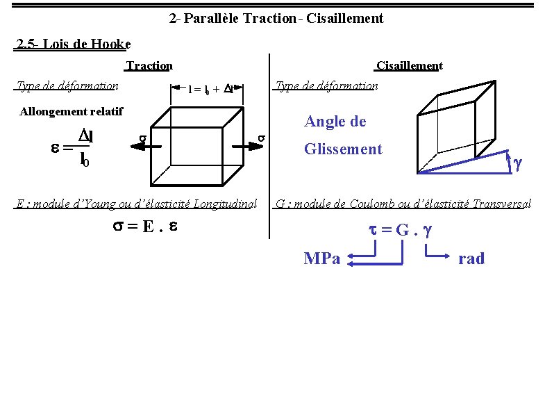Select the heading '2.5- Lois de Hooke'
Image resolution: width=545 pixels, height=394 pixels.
point(73,44)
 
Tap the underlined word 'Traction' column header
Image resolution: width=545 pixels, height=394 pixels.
point(149,66)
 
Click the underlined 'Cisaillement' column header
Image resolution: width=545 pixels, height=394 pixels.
point(409,66)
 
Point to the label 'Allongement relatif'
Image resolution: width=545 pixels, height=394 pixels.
point(72,111)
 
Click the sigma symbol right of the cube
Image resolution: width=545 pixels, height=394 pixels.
point(261,138)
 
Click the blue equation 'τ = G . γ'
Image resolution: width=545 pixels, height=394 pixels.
point(399,229)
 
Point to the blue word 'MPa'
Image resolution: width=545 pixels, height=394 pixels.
point(322,258)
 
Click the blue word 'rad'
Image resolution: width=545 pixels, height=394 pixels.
point(471,258)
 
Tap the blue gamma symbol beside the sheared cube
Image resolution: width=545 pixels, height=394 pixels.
point(517,163)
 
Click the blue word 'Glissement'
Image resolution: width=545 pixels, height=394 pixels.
point(343,149)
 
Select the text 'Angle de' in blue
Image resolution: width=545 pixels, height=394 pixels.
point(335,122)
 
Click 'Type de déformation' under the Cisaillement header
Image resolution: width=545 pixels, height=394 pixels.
point(326,86)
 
